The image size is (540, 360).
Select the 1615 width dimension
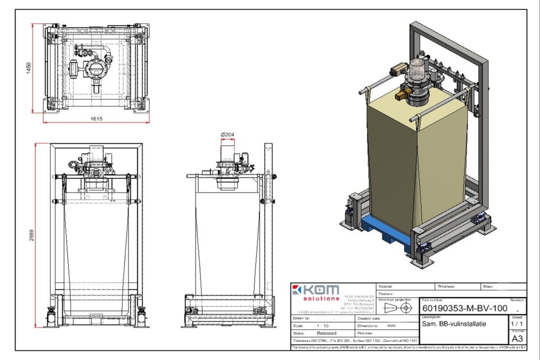(x=95, y=118)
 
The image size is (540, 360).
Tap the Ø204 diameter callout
(x=228, y=135)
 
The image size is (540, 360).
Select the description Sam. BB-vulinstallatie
(x=454, y=324)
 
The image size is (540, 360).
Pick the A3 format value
(x=517, y=339)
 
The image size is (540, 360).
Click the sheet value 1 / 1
(x=517, y=324)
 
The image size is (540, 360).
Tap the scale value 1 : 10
(x=323, y=325)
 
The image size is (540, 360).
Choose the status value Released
(x=327, y=332)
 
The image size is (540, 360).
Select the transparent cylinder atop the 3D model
(x=417, y=69)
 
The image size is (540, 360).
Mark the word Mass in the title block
(x=488, y=287)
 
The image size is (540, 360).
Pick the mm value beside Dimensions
(x=391, y=325)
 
